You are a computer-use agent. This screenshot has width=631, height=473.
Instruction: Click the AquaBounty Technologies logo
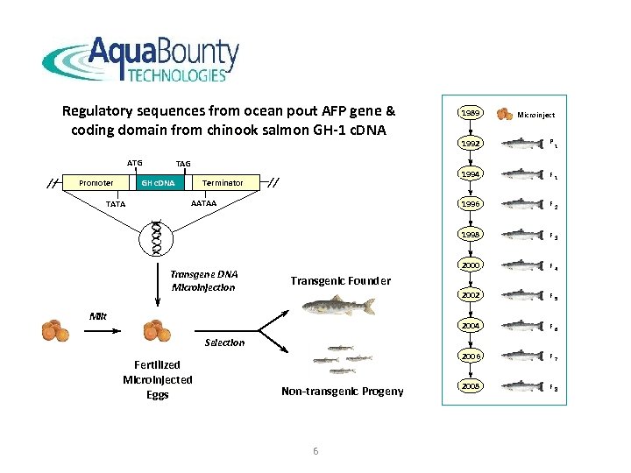pyautogui.click(x=140, y=60)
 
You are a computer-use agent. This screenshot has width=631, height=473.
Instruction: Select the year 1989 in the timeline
pyautogui.click(x=471, y=114)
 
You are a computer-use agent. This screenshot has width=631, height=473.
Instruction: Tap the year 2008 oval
pyautogui.click(x=471, y=386)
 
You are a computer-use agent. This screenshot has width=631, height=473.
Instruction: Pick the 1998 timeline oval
pyautogui.click(x=471, y=235)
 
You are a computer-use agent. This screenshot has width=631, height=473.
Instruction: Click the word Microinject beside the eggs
pyautogui.click(x=535, y=115)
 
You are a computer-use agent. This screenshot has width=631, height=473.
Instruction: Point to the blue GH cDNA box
pyautogui.click(x=159, y=183)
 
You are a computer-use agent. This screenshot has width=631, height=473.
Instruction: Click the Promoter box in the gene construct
pyautogui.click(x=96, y=183)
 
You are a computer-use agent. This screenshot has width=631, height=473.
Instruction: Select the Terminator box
pyautogui.click(x=223, y=183)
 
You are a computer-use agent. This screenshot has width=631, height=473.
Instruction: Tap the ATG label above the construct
pyautogui.click(x=134, y=162)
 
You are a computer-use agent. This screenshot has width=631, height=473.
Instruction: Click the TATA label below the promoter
pyautogui.click(x=115, y=204)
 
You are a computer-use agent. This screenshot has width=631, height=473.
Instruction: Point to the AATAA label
pyautogui.click(x=204, y=203)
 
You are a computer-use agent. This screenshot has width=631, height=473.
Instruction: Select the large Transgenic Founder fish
pyautogui.click(x=338, y=306)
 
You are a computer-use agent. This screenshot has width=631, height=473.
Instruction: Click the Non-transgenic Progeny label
pyautogui.click(x=342, y=392)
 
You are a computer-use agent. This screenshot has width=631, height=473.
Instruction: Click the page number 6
pyautogui.click(x=315, y=450)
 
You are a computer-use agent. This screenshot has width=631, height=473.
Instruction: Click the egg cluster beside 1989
pyautogui.click(x=505, y=114)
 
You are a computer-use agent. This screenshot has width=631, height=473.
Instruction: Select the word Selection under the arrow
pyautogui.click(x=224, y=342)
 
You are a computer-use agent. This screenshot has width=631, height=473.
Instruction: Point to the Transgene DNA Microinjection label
pyautogui.click(x=203, y=280)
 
